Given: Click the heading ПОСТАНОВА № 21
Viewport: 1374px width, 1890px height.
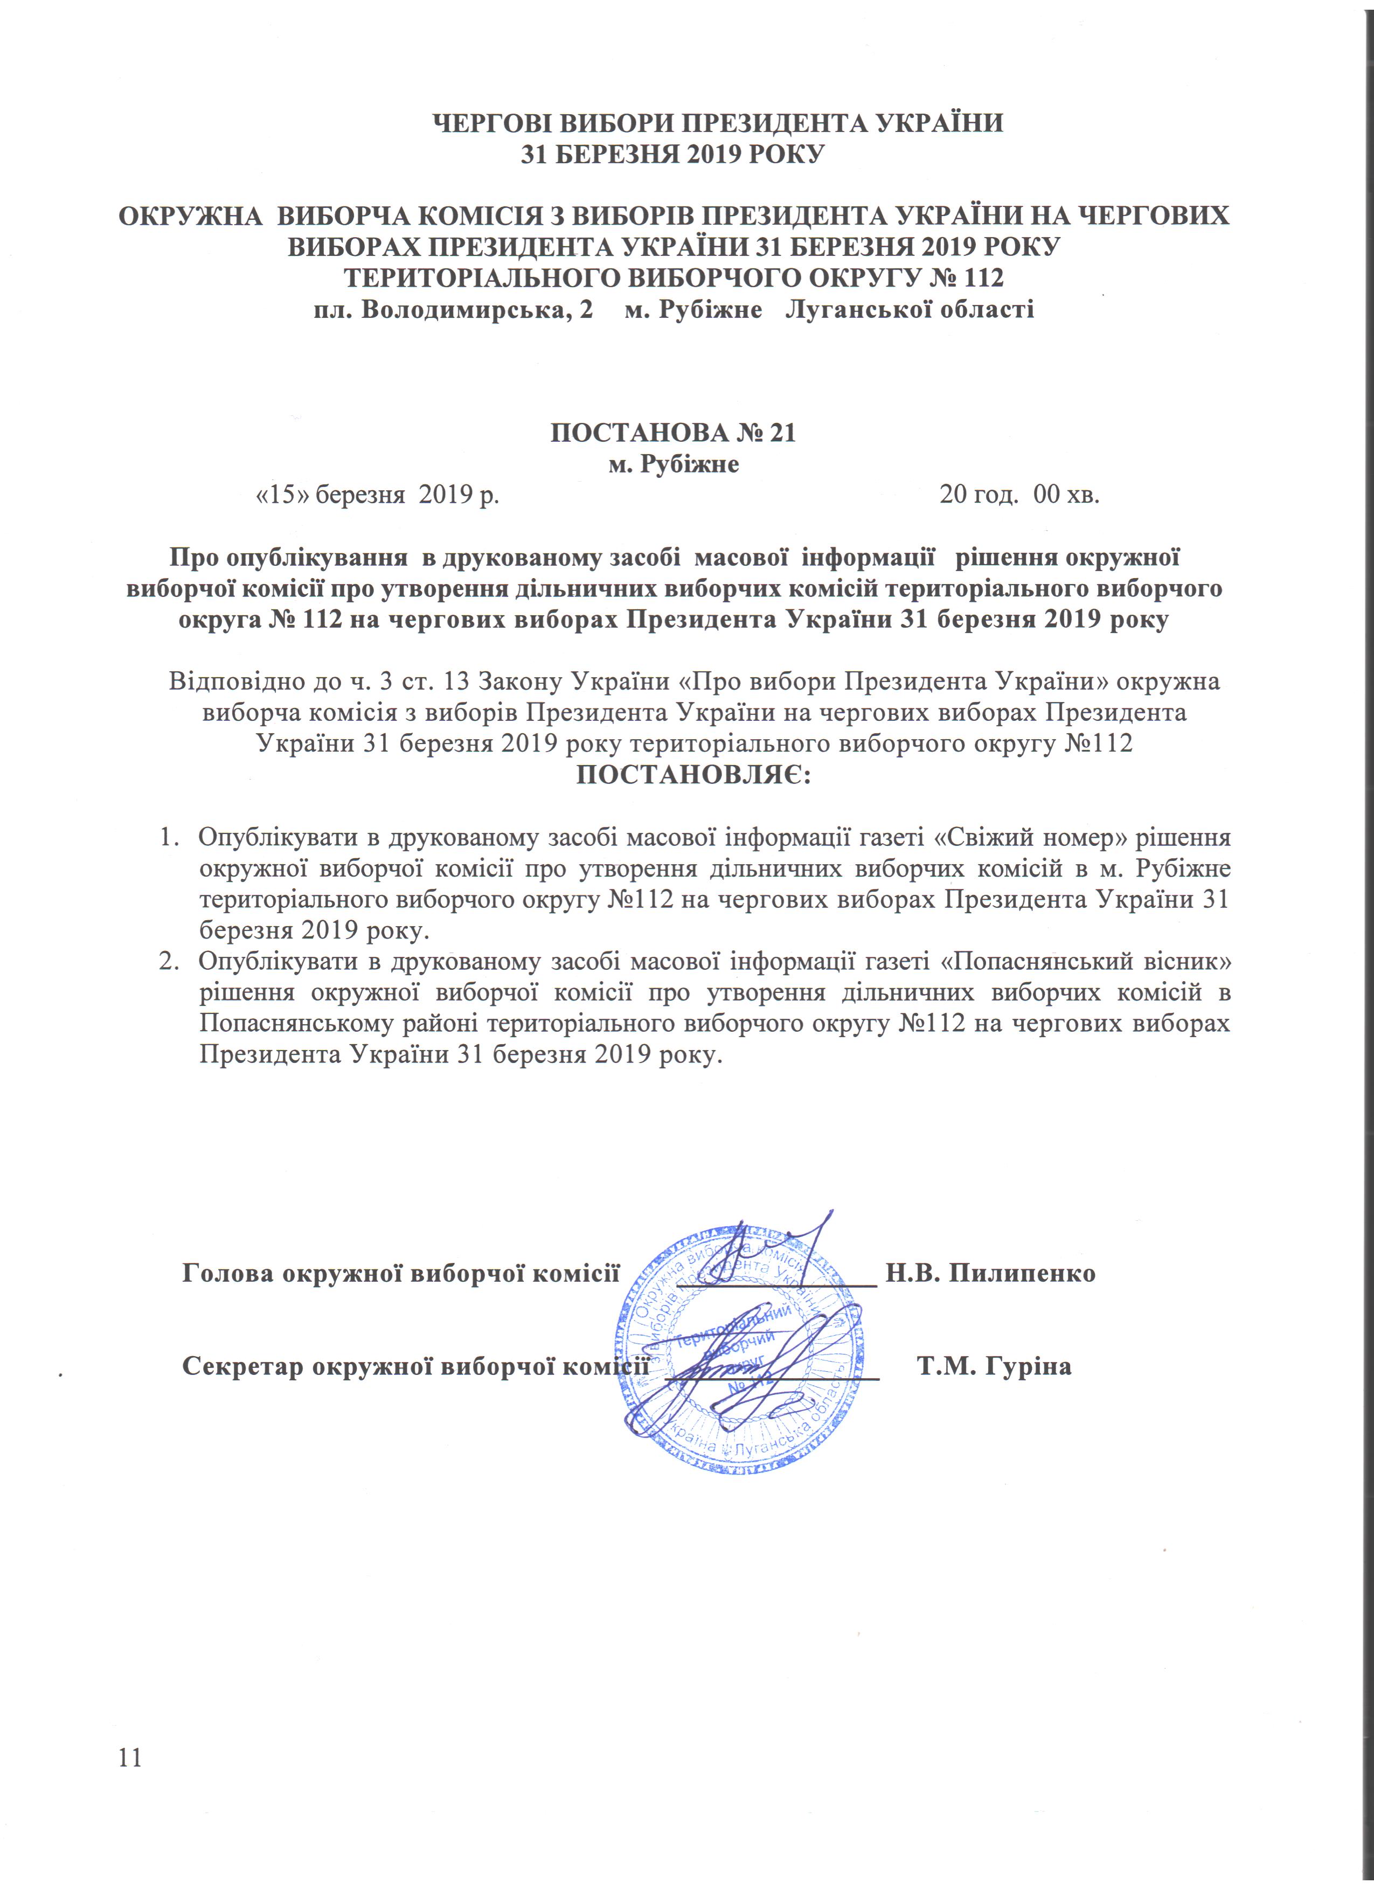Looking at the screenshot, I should pyautogui.click(x=673, y=433).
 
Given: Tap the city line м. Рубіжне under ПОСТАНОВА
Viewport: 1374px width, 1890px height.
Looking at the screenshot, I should pyautogui.click(x=673, y=464).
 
